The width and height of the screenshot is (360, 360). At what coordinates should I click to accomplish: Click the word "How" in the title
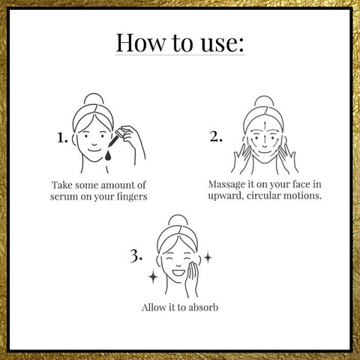(x=141, y=43)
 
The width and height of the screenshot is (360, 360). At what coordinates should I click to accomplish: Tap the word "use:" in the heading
(x=222, y=43)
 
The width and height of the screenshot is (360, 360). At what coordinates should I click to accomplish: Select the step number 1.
(x=62, y=138)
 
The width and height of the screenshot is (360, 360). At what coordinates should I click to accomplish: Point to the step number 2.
(x=216, y=136)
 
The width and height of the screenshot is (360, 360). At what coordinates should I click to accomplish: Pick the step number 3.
(x=136, y=256)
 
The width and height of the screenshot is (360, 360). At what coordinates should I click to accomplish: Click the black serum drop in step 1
(x=108, y=155)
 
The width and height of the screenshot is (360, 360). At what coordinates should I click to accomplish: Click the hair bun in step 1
(x=94, y=99)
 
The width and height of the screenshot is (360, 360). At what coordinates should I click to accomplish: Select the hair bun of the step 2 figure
(x=264, y=101)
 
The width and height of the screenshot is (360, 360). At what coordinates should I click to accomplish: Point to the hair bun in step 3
(x=178, y=220)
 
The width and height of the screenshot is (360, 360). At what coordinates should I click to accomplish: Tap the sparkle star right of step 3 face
(x=208, y=258)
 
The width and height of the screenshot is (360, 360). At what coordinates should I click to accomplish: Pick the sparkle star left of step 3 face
(x=153, y=277)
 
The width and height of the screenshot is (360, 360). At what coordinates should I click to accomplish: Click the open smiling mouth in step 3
(x=178, y=272)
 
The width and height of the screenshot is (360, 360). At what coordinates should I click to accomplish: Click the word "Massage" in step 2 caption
(x=226, y=185)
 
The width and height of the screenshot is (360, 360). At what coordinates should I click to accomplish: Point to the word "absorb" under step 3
(x=203, y=307)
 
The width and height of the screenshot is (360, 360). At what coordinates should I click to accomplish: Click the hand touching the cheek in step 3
(x=192, y=279)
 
